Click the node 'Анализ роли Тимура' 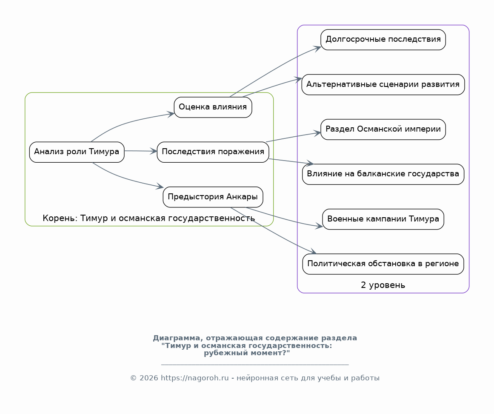77,152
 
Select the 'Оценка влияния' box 213,107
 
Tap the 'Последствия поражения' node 213,152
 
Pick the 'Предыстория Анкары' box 213,197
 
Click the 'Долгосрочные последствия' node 383,40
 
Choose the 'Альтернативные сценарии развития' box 383,84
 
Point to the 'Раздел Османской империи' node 383,129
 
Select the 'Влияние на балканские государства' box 383,174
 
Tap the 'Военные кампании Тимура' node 383,219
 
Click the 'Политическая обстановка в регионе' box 383,264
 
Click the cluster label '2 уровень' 383,285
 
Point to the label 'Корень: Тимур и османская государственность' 148,218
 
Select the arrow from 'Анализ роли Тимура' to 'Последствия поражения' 141,151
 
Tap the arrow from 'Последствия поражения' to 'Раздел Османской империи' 294,137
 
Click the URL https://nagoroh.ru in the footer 195,378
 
